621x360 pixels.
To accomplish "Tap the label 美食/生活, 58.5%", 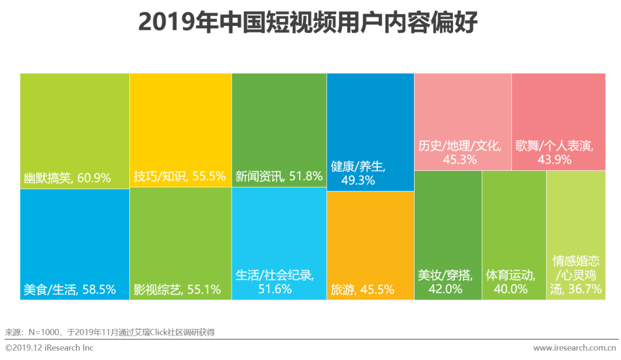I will pos(70,289).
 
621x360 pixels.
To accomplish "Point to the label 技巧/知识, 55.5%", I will pos(179,177).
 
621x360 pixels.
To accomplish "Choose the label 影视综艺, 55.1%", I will pos(177,289).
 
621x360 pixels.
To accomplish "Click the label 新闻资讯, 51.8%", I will pos(279,177).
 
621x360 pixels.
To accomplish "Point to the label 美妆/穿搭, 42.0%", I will pos(445,282).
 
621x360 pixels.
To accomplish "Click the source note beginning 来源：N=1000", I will pos(110,332).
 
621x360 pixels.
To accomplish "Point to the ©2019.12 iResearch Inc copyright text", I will pos(49,348).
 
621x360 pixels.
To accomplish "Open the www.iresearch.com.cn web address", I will pos(574,348).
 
